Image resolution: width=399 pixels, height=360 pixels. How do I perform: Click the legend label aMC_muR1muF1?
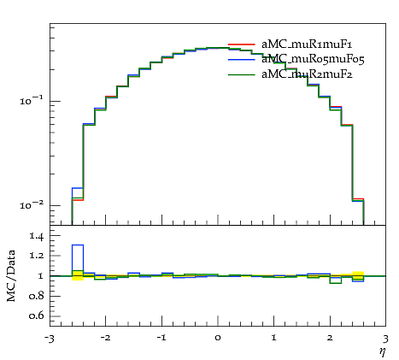(307, 44)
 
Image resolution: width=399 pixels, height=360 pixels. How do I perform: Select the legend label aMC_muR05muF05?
(313, 59)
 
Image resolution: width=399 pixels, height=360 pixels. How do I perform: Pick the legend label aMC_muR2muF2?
(307, 74)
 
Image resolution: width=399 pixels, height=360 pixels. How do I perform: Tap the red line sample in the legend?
(242, 44)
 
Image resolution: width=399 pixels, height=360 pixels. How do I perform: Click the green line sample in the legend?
(242, 74)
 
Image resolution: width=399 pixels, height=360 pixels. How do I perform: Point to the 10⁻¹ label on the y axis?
(32, 100)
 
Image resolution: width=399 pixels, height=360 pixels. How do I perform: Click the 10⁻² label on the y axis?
(32, 204)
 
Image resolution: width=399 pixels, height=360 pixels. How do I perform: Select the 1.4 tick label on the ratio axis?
(36, 236)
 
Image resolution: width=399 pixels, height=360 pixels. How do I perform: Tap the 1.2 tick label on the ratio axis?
(36, 256)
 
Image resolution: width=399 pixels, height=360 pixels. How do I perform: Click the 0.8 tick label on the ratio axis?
(36, 296)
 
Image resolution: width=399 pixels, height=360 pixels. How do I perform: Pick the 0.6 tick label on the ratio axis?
(36, 316)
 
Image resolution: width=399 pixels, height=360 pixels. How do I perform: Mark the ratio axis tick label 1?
(40, 276)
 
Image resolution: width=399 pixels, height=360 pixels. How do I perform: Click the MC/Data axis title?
(11, 276)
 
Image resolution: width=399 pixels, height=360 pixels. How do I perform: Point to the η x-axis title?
(382, 351)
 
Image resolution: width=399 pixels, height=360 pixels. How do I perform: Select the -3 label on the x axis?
(49, 339)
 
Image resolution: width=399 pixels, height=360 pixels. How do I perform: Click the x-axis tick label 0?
(218, 338)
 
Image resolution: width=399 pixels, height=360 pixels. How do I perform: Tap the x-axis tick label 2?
(330, 338)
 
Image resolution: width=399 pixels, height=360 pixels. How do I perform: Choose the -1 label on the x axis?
(161, 338)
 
